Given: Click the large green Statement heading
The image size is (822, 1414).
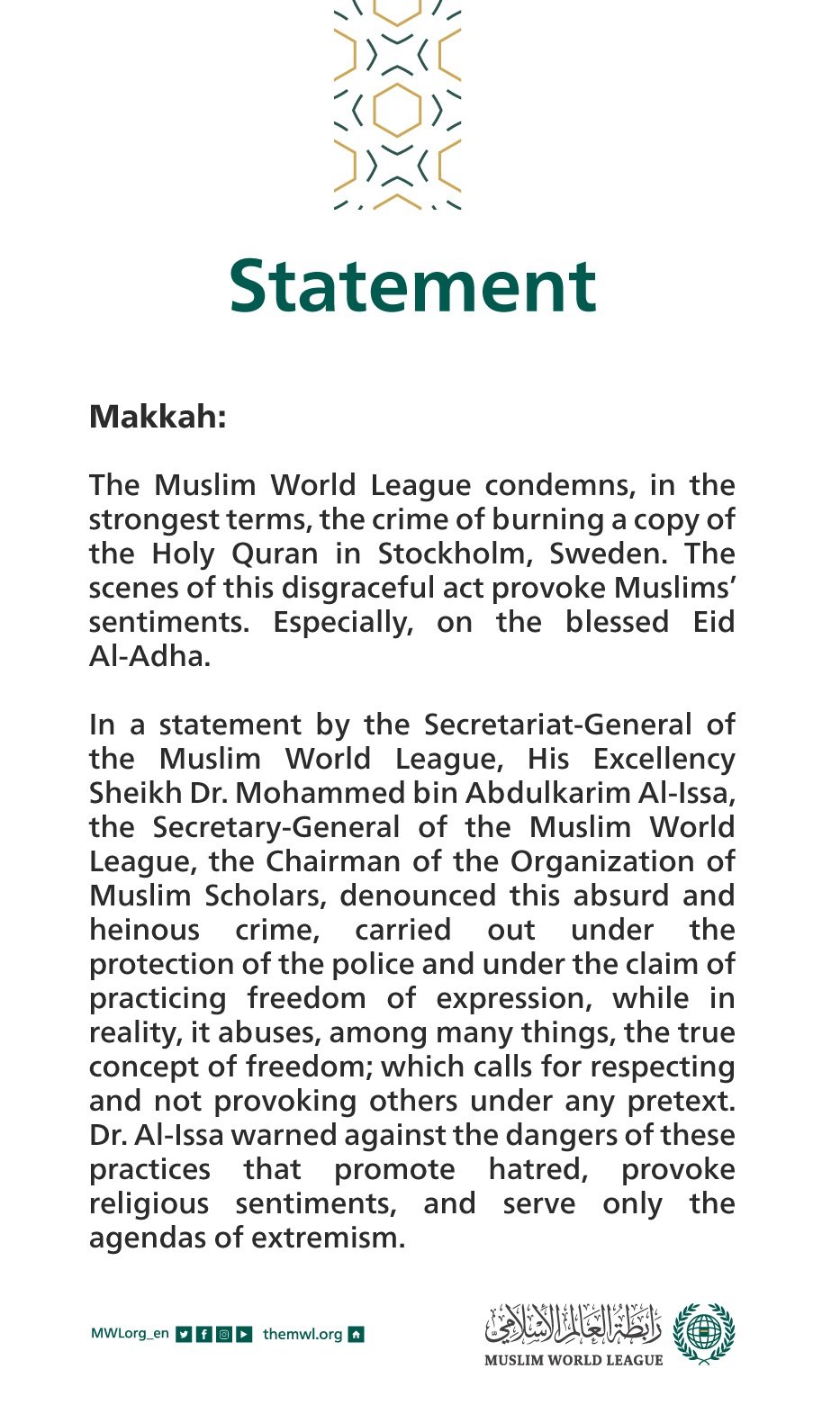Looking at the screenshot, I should click(412, 286).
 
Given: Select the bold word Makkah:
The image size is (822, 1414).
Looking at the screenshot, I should click(158, 417).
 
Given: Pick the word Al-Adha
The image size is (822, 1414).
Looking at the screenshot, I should click(149, 655).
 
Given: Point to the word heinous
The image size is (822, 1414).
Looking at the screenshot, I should click(144, 930).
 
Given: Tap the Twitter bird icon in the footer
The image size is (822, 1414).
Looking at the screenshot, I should click(184, 1334).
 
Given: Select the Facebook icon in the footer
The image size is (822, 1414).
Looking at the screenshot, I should click(204, 1334).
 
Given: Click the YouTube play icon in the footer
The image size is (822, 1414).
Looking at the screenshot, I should click(244, 1334).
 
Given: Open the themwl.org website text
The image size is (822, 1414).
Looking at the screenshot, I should click(303, 1334).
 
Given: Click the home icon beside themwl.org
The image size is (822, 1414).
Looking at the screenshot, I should click(356, 1334).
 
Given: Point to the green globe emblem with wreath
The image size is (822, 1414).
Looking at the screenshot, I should click(704, 1333).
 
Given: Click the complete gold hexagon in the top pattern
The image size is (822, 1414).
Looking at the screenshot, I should click(397, 110).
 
